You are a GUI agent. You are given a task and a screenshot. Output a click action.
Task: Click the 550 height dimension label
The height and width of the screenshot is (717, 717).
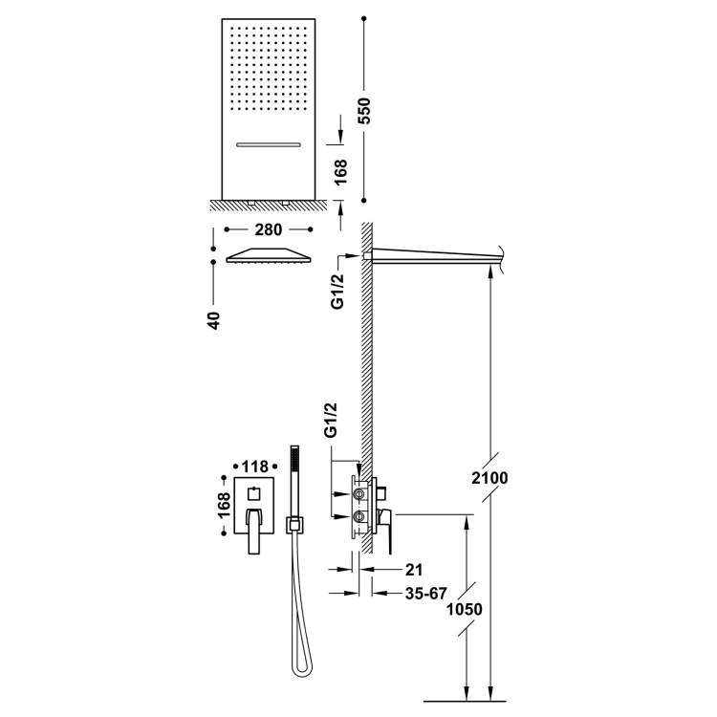364,111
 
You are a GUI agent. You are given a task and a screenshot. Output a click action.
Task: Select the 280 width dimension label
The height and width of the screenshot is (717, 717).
269,229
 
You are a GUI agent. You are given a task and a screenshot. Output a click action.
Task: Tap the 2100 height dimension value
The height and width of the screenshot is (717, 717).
489,478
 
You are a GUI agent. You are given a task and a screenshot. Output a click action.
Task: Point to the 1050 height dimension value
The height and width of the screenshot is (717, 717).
464,609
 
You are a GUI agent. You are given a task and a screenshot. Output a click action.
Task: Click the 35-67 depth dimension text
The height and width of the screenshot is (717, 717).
425,593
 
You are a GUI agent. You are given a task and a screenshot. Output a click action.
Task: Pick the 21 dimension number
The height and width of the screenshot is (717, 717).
414,570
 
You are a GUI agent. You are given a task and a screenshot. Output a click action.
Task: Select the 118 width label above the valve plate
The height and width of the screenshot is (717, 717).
254,467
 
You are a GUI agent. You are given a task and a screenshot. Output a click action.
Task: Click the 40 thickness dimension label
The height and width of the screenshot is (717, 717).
213,320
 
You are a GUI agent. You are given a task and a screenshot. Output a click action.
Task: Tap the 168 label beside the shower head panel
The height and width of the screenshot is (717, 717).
340,172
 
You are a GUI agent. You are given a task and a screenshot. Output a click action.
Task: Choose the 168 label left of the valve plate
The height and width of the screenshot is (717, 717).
224,505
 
